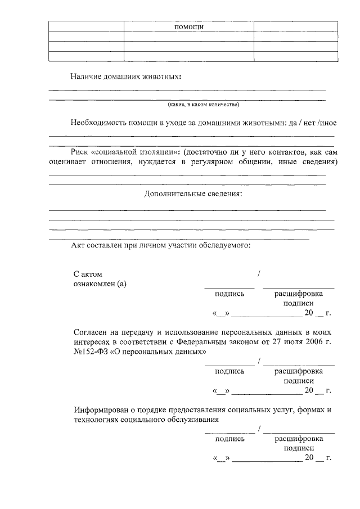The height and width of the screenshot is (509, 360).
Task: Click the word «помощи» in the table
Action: tap(189, 26)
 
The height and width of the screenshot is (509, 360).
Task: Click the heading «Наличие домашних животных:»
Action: tap(126, 76)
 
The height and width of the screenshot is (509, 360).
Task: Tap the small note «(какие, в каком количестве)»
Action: tap(203, 105)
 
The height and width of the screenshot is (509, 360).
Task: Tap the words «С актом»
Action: tap(88, 273)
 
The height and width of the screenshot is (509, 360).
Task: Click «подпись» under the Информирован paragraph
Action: tap(229, 438)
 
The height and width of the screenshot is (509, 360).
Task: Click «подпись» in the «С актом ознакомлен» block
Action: tap(229, 293)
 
